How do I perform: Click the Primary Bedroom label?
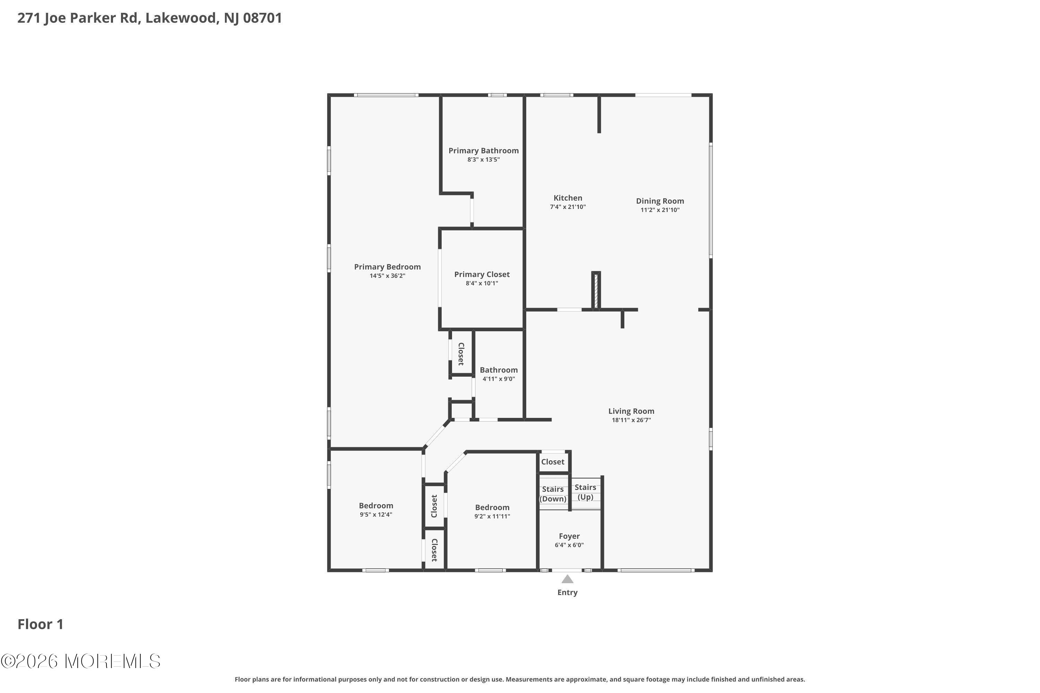click(x=387, y=267)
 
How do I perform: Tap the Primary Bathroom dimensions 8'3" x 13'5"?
click(x=483, y=159)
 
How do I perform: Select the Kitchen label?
click(x=568, y=198)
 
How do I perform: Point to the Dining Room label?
click(x=660, y=201)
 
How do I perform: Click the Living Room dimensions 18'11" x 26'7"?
click(x=631, y=420)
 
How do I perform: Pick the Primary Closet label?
click(x=482, y=274)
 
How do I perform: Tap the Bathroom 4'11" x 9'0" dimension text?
click(x=499, y=379)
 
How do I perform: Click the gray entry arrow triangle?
click(x=567, y=579)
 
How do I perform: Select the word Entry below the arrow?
click(x=567, y=593)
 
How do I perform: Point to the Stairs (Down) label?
click(x=553, y=494)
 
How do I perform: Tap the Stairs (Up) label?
click(x=586, y=492)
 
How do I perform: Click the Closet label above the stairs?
click(x=553, y=462)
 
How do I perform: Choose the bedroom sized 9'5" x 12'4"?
click(x=376, y=510)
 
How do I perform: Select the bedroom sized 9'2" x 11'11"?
click(x=492, y=512)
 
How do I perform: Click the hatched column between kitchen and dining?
click(x=596, y=291)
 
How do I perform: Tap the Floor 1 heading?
click(x=40, y=624)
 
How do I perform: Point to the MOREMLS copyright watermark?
click(x=80, y=661)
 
